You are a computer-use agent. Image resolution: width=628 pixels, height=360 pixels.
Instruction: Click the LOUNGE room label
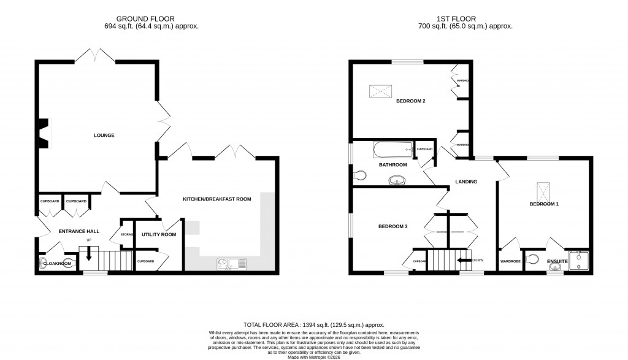click(104, 135)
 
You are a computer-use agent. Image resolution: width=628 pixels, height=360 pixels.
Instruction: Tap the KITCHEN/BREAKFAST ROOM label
click(217, 199)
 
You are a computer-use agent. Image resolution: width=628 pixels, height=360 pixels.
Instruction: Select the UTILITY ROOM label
click(159, 235)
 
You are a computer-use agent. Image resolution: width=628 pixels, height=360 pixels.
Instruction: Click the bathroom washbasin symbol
click(397, 180)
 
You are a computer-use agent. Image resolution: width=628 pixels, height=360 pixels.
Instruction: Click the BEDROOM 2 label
click(410, 101)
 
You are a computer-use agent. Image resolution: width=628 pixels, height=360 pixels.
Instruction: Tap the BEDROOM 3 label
click(392, 226)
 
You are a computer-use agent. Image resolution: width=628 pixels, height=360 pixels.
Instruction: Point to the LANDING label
click(465, 182)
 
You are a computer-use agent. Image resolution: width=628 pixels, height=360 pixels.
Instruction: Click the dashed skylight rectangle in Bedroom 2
click(381, 91)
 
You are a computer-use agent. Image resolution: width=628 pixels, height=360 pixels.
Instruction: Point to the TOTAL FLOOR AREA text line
click(313, 325)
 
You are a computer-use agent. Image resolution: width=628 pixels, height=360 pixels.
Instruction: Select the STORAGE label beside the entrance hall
click(127, 234)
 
